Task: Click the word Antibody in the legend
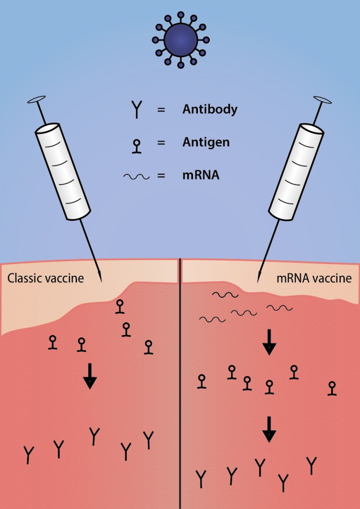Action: point(209,109)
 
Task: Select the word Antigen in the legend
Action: point(205,143)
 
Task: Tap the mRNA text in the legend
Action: point(201,175)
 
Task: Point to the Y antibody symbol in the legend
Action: point(136,109)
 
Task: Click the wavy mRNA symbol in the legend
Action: point(136,176)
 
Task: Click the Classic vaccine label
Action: point(45,278)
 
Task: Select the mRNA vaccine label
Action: point(314,278)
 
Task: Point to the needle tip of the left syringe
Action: point(101,280)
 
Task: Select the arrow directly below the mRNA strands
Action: point(269,342)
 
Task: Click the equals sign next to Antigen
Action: point(161,143)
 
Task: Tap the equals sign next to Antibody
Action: point(161,110)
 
